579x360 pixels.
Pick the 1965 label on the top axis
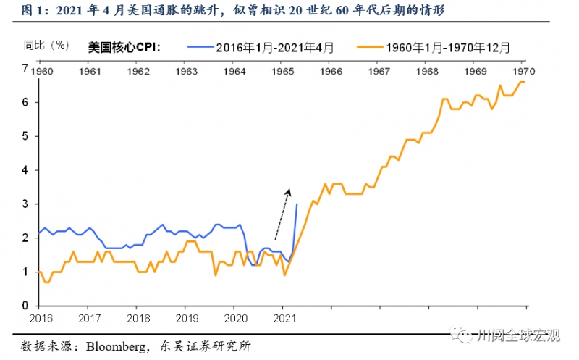tap(283, 72)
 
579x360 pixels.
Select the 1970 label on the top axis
tap(523, 72)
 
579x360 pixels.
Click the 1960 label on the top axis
tap(42, 72)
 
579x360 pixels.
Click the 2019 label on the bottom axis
tap(187, 317)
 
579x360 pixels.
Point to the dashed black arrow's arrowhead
tap(288, 191)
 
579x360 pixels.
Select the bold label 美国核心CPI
tap(123, 49)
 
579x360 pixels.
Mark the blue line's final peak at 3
tap(297, 204)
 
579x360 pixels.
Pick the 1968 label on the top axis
tap(427, 72)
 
